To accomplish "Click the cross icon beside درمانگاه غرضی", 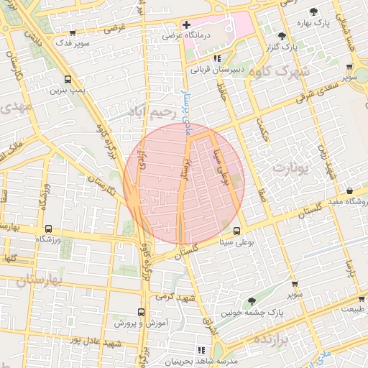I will (187, 25).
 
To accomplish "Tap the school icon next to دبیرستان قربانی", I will (217, 59).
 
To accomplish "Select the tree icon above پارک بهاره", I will (314, 11).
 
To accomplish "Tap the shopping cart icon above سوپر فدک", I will (75, 32).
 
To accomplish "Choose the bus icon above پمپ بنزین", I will (68, 80).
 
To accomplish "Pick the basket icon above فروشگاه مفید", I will (349, 191).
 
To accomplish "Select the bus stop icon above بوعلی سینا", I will (238, 231).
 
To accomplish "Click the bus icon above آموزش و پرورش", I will (140, 313).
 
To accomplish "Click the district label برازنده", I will (271, 339).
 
